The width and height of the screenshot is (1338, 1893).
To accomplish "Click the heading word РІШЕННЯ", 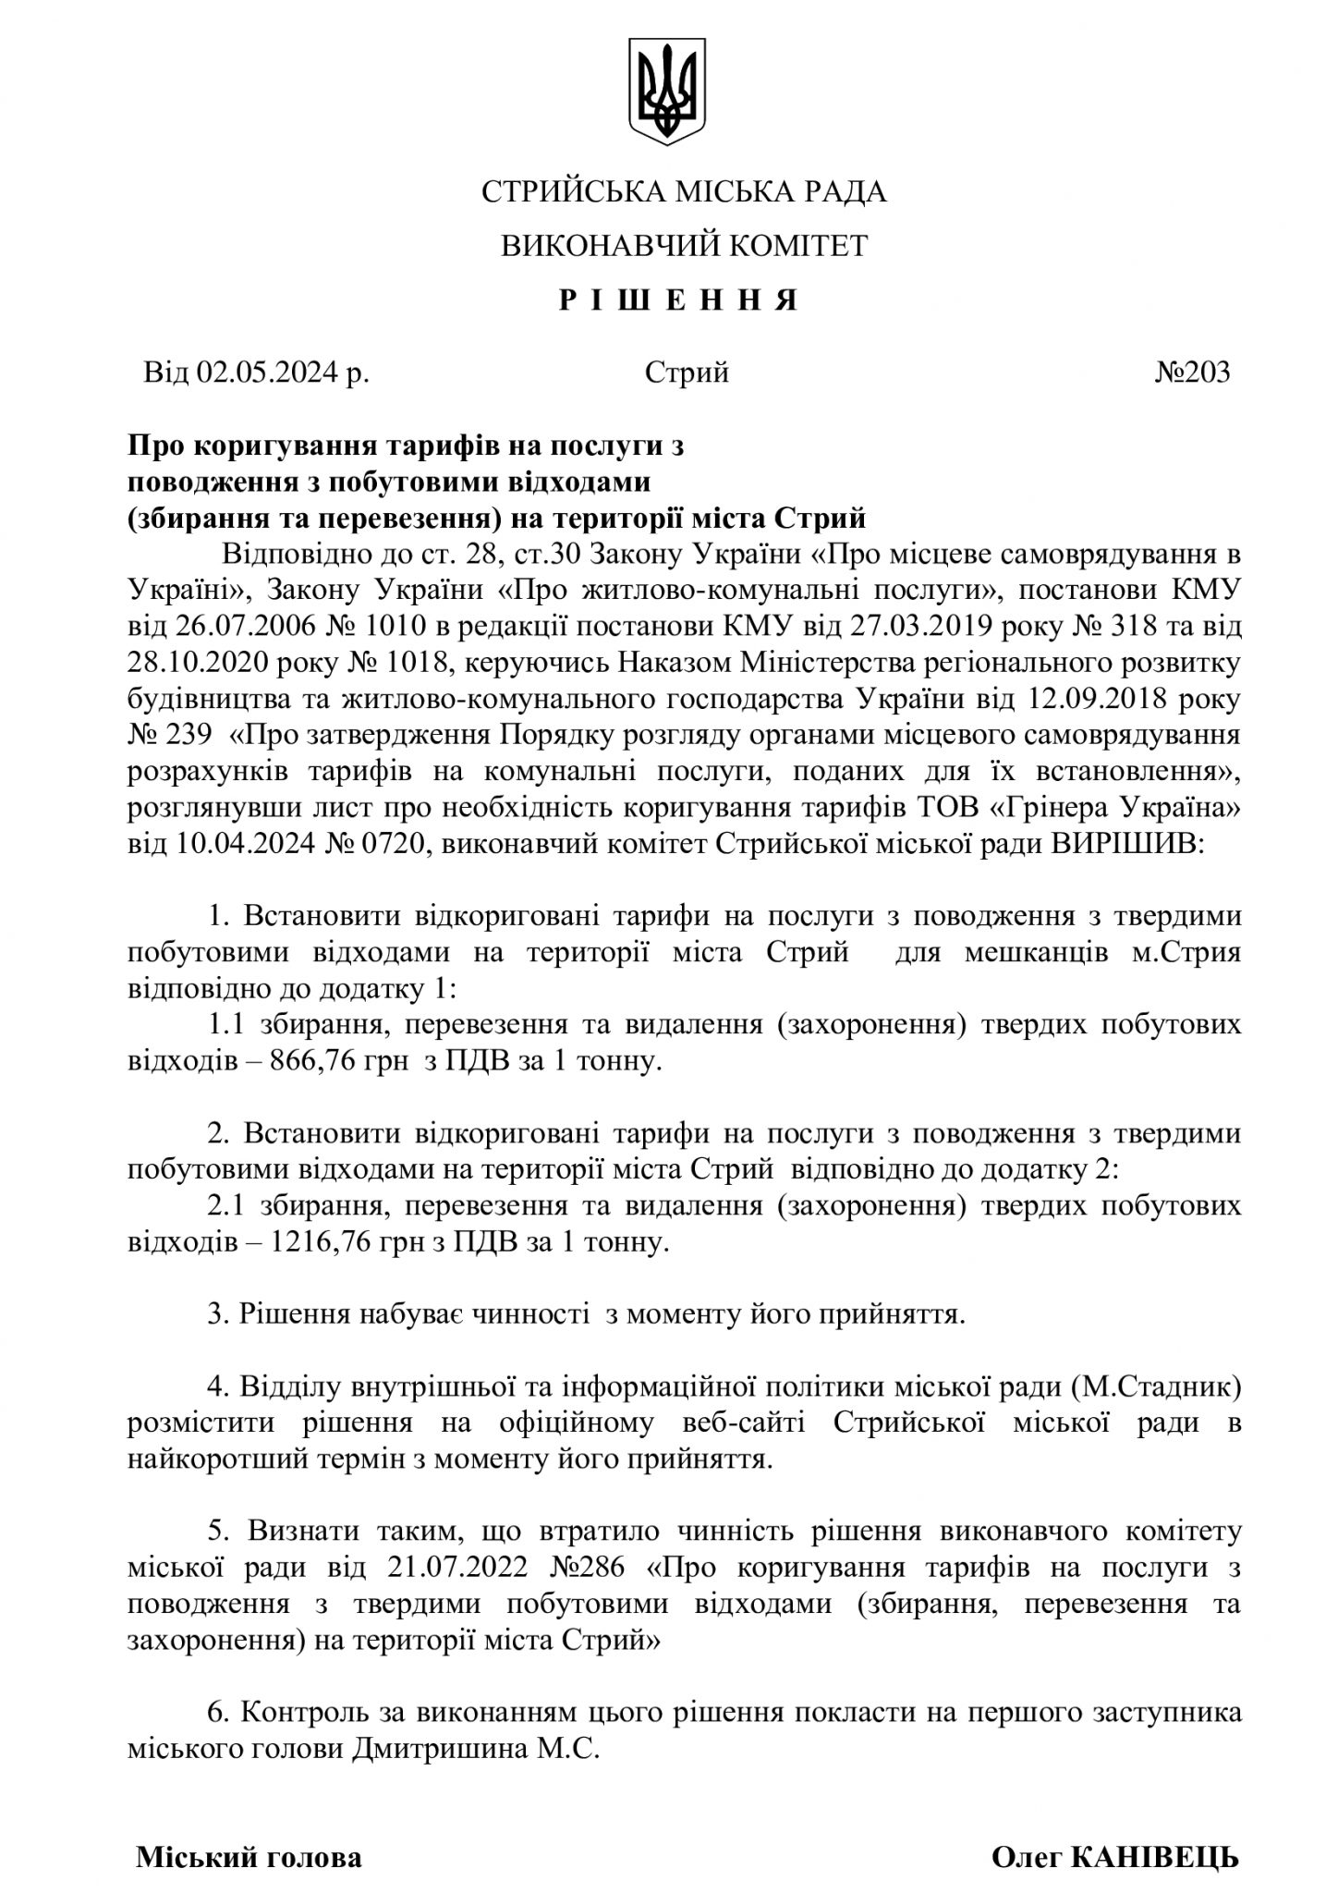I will (x=678, y=300).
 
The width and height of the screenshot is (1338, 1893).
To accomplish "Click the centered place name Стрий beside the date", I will (x=687, y=372).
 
